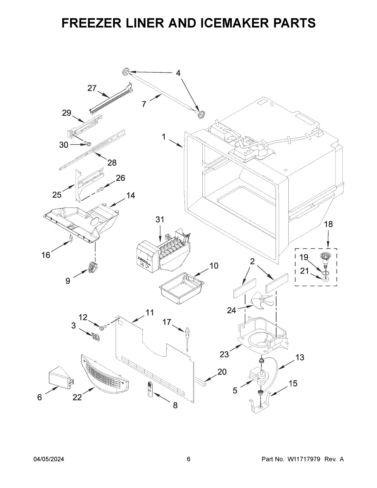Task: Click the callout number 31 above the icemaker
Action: pos(160,220)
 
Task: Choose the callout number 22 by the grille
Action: pos(77,398)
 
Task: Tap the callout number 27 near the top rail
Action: pos(92,88)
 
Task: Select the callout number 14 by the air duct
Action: pos(131,195)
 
